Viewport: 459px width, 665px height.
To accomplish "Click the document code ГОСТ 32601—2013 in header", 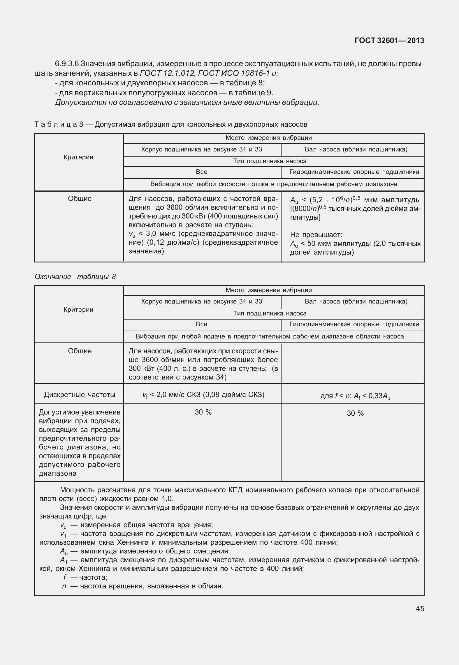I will point(389,40).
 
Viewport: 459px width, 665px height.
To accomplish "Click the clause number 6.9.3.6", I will point(66,63).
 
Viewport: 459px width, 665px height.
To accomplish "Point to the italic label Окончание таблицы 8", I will point(75,276).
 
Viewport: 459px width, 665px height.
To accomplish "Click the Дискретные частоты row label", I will point(80,395).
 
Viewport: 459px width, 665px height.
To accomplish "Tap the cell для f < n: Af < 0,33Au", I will point(355,396).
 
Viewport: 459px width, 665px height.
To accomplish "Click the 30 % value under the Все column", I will point(203,412).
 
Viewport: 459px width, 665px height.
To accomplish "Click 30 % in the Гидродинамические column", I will point(355,413).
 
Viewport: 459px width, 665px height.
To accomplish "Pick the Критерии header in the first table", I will point(78,157).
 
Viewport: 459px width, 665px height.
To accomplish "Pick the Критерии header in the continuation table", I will point(78,310).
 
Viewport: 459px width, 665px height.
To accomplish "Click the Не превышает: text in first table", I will point(316,235).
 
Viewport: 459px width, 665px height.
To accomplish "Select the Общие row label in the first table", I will point(80,199).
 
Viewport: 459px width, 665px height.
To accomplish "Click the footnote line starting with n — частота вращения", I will point(143,586).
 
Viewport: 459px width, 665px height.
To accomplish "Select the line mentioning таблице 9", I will point(164,93).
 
